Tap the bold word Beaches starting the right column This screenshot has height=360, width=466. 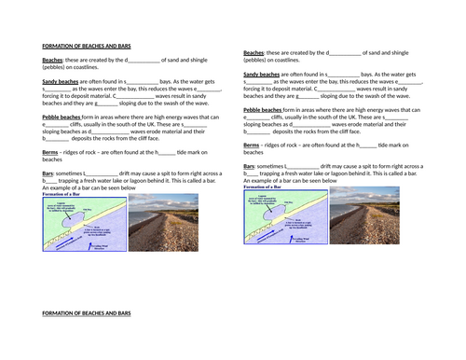[x=254, y=53]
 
